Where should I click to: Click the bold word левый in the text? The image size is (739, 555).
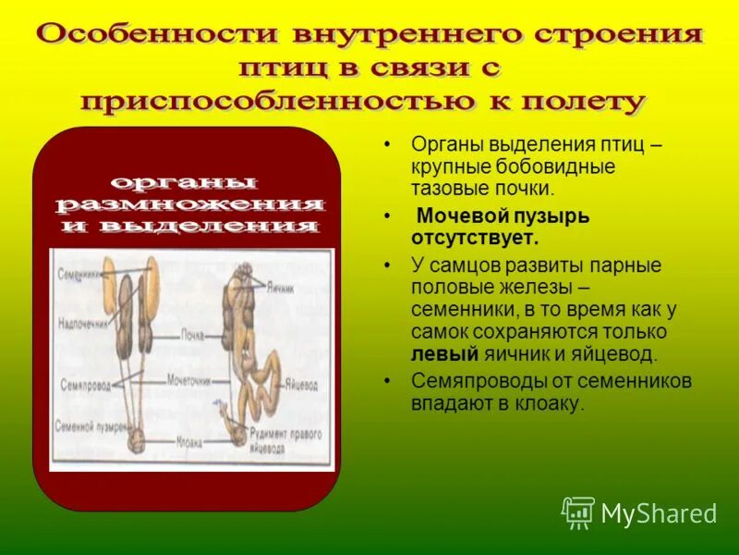pos(445,354)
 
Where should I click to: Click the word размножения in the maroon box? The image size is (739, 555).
pos(189,203)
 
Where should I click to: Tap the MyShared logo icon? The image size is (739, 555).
pos(578,512)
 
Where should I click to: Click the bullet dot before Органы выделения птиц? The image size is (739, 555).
pos(390,146)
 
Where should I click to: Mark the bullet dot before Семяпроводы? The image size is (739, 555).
pos(390,381)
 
